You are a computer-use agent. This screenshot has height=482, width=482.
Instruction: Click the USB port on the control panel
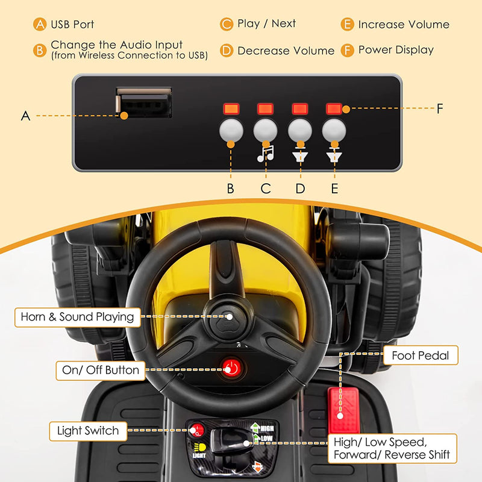(143, 102)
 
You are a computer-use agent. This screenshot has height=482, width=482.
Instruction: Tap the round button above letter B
(231, 130)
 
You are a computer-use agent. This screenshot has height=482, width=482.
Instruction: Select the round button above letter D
(299, 130)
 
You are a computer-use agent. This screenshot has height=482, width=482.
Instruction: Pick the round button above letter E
(334, 130)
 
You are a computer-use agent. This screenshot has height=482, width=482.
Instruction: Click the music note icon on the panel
(266, 154)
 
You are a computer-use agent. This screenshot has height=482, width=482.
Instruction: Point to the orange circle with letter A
(40, 24)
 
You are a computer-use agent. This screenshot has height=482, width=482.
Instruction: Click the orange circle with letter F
(348, 50)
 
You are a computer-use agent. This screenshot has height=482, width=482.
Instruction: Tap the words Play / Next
(266, 23)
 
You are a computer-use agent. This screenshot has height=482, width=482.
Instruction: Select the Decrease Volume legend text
(286, 51)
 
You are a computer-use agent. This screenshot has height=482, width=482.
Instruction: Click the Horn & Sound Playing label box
(78, 317)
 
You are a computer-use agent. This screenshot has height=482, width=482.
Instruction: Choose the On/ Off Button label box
(101, 371)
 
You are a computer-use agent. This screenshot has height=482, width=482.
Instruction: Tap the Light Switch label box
(88, 431)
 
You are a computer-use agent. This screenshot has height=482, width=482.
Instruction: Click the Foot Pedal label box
(421, 355)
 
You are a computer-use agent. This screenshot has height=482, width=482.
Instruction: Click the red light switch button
(196, 430)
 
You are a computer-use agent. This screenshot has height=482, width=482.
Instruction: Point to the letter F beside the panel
(440, 108)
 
